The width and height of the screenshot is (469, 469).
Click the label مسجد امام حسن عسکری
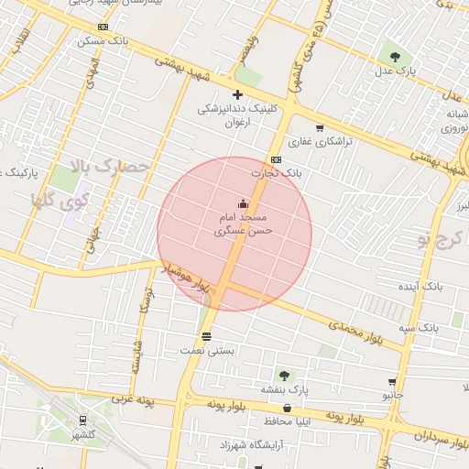tap(243, 225)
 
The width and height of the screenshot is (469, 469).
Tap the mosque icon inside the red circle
tap(242, 203)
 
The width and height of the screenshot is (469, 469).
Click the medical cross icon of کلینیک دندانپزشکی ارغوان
tap(237, 94)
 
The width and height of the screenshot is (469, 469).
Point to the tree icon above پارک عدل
tap(395, 57)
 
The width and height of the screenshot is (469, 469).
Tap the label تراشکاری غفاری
tap(313, 142)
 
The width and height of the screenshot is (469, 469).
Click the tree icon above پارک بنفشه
tap(284, 375)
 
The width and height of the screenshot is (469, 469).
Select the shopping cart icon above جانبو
tap(392, 382)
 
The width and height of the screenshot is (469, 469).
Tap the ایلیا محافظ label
tap(293, 422)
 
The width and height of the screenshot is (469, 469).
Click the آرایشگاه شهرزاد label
tap(247, 444)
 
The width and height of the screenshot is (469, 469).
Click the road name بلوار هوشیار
tap(187, 278)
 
